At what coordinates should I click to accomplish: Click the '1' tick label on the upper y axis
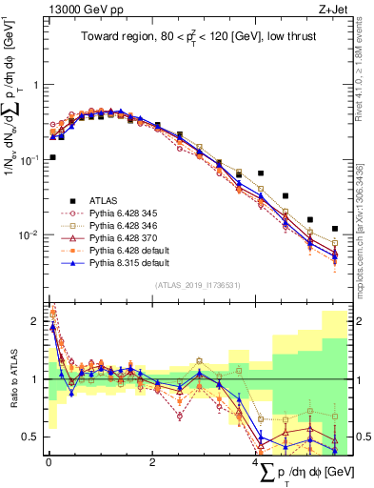[x=36, y=85]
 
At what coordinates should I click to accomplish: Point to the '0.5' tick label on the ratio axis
[x=32, y=437]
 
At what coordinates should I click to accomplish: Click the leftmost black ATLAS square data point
[x=52, y=156]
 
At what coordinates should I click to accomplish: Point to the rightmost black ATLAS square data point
[x=334, y=229]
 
